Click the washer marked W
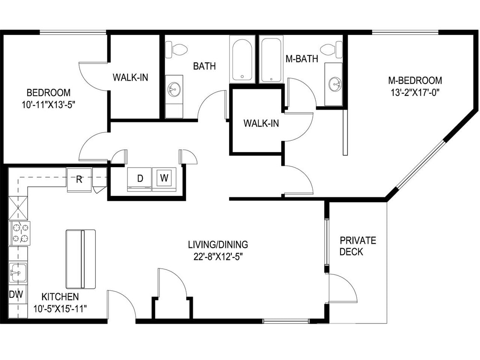[164, 179]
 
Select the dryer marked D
[140, 179]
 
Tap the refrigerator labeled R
[79, 179]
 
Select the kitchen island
[80, 259]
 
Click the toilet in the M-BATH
[332, 49]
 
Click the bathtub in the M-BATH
[271, 59]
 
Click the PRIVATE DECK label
[358, 246]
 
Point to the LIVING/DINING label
[218, 244]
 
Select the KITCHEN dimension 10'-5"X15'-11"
[60, 308]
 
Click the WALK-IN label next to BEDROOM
[130, 77]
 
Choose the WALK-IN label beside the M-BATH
[261, 123]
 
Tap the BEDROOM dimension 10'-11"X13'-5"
[49, 104]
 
